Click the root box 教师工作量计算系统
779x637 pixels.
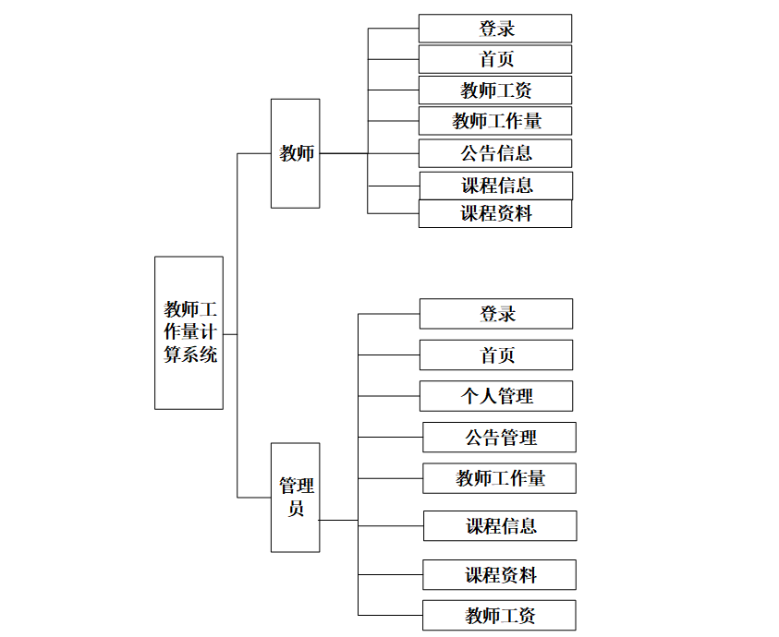(x=189, y=332)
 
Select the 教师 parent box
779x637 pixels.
(x=295, y=153)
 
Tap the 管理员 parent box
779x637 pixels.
(x=295, y=498)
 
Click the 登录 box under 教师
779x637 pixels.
(x=494, y=29)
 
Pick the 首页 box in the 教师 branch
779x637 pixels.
(x=494, y=59)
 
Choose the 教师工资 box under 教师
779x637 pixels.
(x=494, y=90)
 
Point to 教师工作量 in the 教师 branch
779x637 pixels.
(x=494, y=121)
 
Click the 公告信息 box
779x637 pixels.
(x=494, y=153)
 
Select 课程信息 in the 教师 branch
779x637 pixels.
(x=495, y=186)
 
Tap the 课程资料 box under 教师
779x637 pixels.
(x=494, y=214)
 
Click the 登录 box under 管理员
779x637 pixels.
(x=495, y=314)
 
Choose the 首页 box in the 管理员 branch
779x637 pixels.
(x=495, y=355)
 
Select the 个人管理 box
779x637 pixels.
(x=495, y=396)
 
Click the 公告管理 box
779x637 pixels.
(x=499, y=437)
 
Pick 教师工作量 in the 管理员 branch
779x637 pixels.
(x=499, y=478)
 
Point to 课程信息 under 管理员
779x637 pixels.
(x=500, y=526)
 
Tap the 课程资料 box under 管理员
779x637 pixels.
(x=499, y=575)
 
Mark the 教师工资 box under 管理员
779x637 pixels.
(x=499, y=616)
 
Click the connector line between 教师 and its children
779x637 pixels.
(x=344, y=153)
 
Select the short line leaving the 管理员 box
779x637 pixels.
(x=338, y=520)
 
